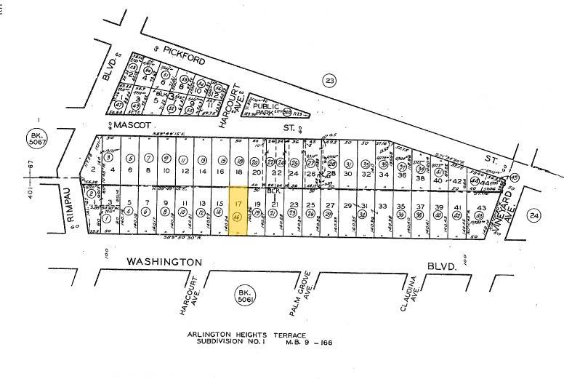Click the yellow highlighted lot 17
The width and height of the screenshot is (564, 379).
pos(239,211)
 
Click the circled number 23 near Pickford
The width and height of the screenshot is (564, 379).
pos(331,80)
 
